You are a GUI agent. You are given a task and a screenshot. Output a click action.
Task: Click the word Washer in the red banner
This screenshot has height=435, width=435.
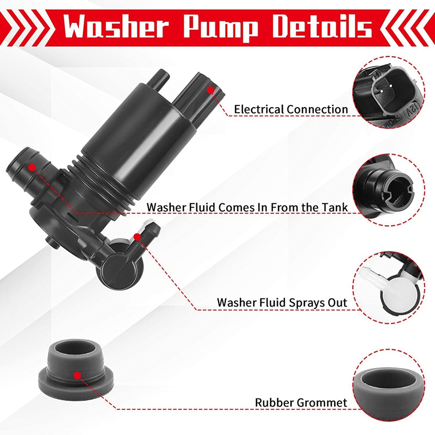click(116, 26)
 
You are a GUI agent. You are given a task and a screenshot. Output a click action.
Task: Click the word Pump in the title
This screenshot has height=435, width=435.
click(220, 28)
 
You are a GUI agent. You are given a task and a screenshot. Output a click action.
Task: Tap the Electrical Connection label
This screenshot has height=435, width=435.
click(291, 109)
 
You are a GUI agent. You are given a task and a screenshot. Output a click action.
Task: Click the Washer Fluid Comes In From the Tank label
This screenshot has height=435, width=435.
click(247, 207)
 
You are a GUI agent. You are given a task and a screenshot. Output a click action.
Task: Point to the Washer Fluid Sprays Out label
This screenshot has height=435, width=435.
click(282, 302)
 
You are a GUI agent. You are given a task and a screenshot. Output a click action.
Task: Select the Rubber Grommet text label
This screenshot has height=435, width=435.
click(301, 402)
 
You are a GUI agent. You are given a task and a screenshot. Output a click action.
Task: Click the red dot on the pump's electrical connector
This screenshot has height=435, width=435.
click(210, 90)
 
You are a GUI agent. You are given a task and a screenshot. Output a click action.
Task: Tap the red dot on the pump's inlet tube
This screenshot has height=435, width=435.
click(32, 167)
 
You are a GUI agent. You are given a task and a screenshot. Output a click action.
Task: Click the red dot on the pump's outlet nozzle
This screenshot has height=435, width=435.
click(137, 237)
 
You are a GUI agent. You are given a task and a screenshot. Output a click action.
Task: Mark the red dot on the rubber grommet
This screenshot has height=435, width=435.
click(78, 376)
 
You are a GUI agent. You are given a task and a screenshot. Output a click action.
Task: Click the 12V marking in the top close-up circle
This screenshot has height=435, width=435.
click(413, 111)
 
